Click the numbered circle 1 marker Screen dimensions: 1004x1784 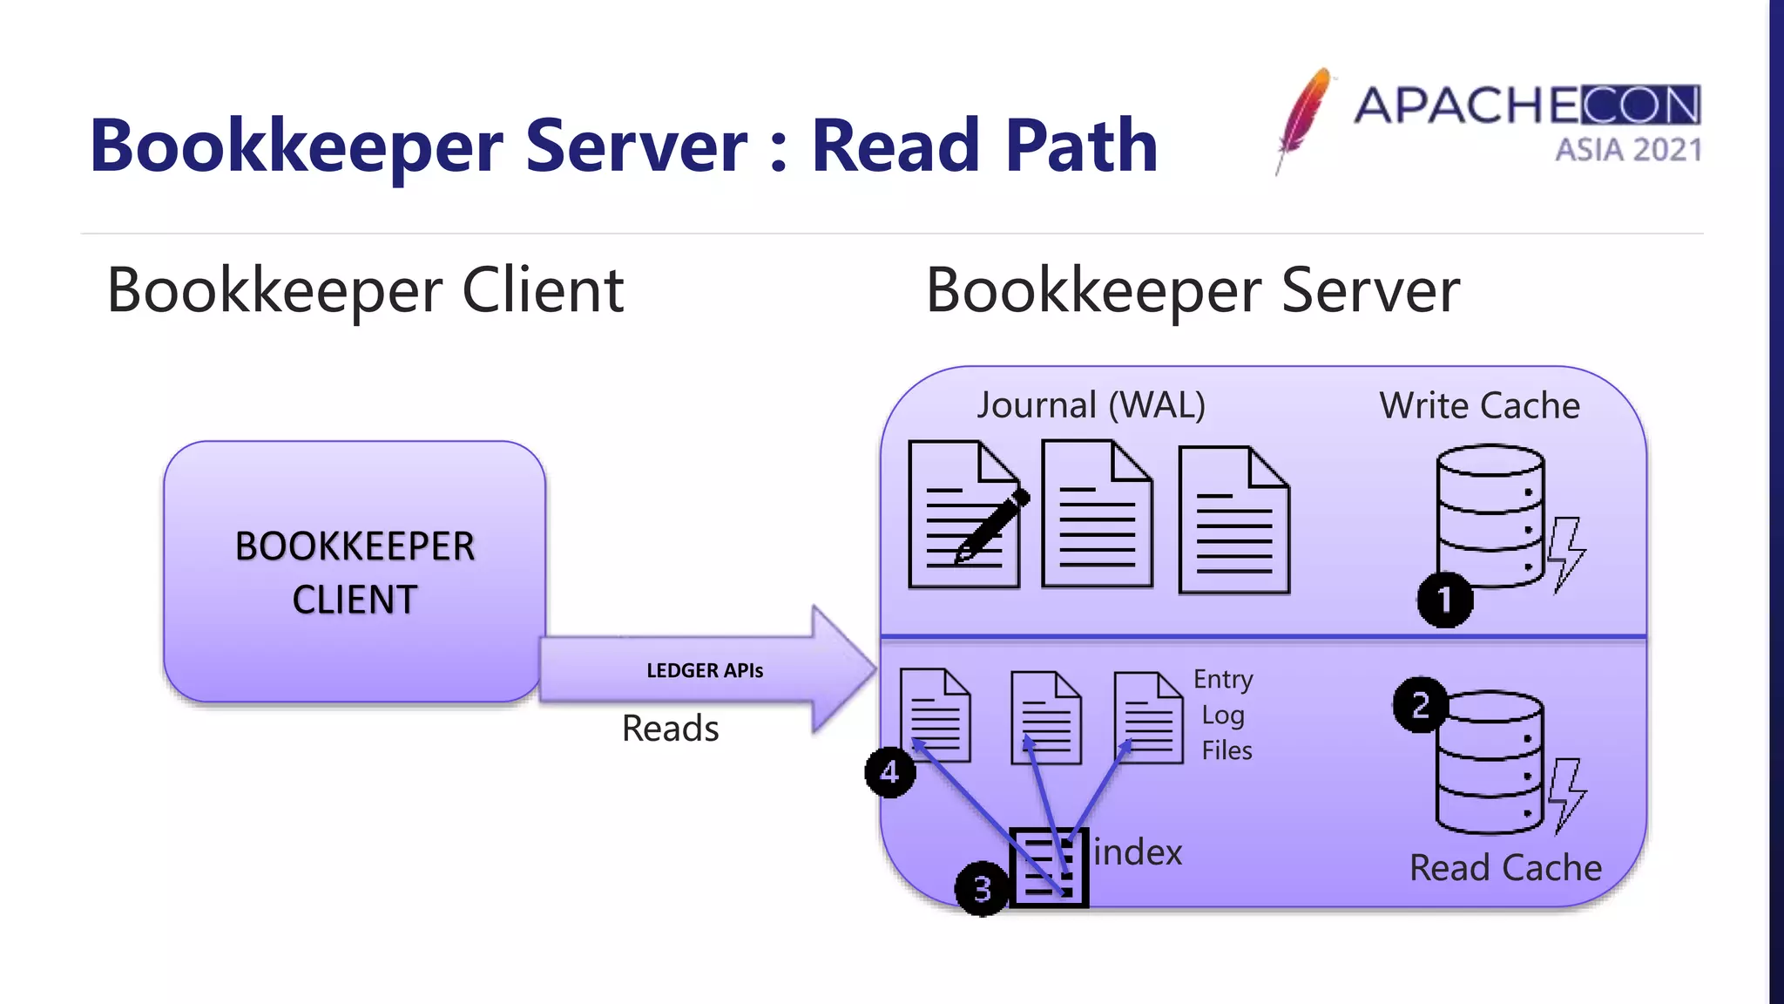coord(1444,600)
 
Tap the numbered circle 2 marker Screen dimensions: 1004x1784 coord(1420,704)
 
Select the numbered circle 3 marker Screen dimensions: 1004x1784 coord(982,888)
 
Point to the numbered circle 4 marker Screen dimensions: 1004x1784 coord(889,771)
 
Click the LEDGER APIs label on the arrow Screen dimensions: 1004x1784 coord(705,670)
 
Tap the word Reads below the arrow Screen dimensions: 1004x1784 coord(670,728)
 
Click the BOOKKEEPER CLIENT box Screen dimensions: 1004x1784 coord(355,572)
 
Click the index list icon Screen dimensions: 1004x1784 coord(1049,867)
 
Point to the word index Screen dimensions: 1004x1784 coord(1138,851)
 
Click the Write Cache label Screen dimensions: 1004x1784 coord(1479,405)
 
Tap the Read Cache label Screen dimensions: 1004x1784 coord(1505,867)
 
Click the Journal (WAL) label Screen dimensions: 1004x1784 coord(1091,405)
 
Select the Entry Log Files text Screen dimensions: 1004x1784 coord(1224,715)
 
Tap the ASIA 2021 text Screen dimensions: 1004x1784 coord(1628,150)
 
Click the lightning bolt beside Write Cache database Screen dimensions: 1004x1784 coord(1566,554)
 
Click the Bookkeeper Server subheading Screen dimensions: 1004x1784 coord(1192,290)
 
